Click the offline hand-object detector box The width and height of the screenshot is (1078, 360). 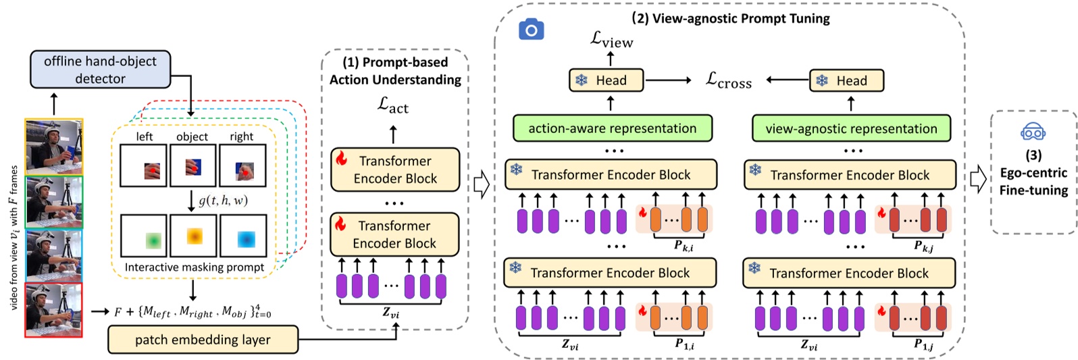(x=100, y=70)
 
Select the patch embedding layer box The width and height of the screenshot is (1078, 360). (x=203, y=340)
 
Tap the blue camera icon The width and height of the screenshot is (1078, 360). (x=531, y=30)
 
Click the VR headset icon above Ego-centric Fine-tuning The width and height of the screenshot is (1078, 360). (x=1033, y=132)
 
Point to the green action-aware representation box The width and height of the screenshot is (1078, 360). (x=612, y=128)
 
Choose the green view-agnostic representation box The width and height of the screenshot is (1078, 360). (x=851, y=128)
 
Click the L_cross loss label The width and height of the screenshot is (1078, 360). (x=728, y=80)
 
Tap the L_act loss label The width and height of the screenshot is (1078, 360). (x=393, y=105)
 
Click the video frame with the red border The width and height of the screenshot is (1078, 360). (x=53, y=310)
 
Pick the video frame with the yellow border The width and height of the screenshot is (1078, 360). (x=54, y=147)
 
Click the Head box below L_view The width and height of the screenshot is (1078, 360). (x=606, y=80)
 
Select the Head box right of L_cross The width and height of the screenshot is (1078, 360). (x=846, y=81)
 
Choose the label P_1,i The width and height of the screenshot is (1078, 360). (x=684, y=344)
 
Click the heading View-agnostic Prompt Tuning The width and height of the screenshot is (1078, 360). (x=730, y=18)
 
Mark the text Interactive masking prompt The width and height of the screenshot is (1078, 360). (x=194, y=267)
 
